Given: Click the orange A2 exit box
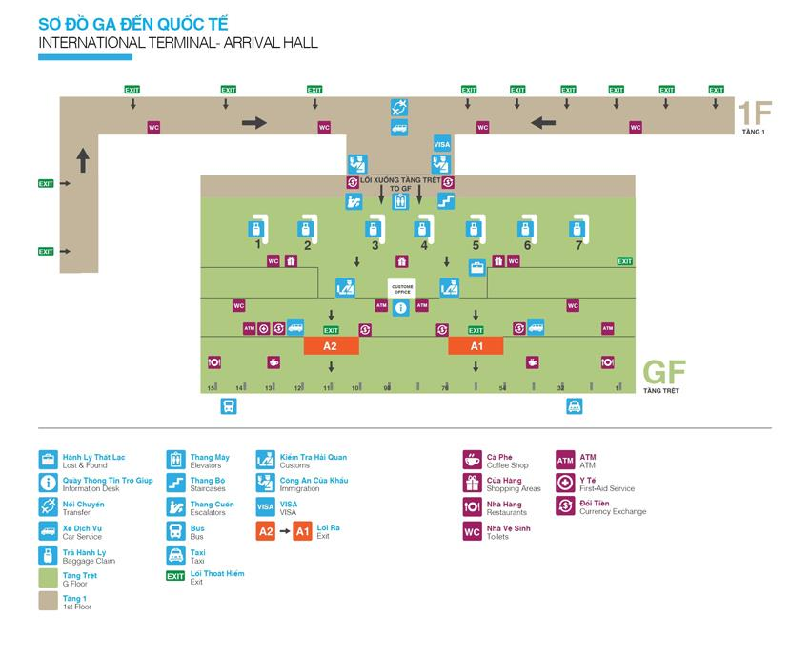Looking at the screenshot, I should pos(331,346).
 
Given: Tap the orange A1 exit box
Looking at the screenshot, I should pos(476,346).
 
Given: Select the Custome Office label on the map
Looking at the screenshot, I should pos(400,287).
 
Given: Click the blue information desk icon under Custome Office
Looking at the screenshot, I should pos(400,307).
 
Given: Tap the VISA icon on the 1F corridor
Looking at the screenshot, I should pos(441,144).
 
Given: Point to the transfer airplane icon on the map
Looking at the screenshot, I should pos(399,107).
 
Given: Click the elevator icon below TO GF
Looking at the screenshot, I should pos(399,201).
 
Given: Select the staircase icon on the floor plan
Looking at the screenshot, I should pos(445,201).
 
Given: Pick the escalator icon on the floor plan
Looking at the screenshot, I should pos(354,201).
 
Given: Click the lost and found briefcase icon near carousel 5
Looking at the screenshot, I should pos(476,267).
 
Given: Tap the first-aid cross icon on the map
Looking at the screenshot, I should pos(264,328).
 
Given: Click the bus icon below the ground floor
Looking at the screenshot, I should pos(228,406).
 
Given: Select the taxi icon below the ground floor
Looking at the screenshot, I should pos(575,406).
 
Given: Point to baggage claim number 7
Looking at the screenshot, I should pos(577,229).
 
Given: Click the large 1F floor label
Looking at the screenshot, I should pos(753,113).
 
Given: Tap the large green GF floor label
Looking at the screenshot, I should pos(664,371).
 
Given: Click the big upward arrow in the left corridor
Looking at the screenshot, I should pos(83,159).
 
